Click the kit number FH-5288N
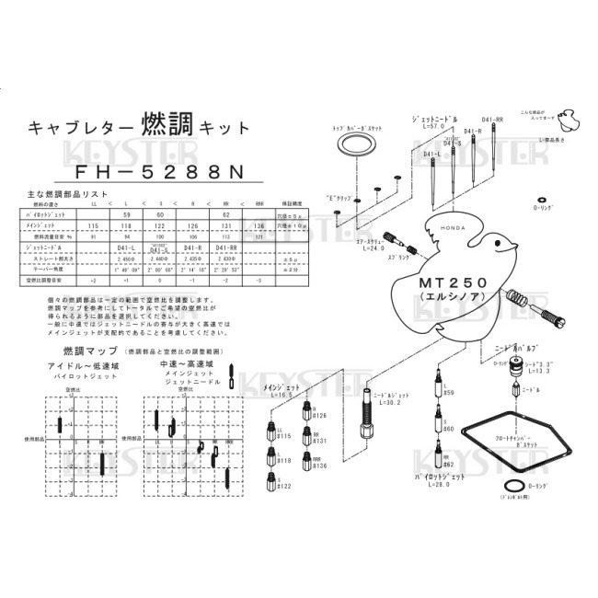point(153,172)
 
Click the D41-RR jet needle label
point(492,120)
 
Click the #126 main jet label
point(318,415)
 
